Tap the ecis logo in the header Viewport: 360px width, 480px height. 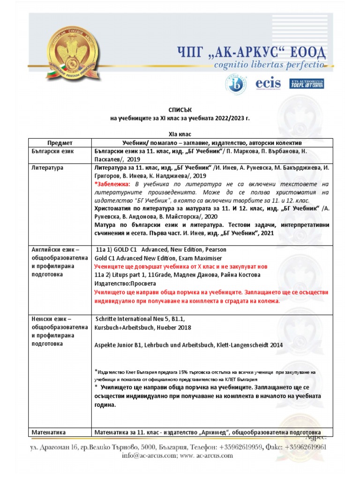268,84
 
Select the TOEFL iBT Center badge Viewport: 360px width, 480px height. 307,84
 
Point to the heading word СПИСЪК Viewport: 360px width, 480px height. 180,110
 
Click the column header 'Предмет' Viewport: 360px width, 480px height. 60,142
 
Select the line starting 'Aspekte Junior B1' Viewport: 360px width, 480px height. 188,345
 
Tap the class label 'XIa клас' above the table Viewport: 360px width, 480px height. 180,134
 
